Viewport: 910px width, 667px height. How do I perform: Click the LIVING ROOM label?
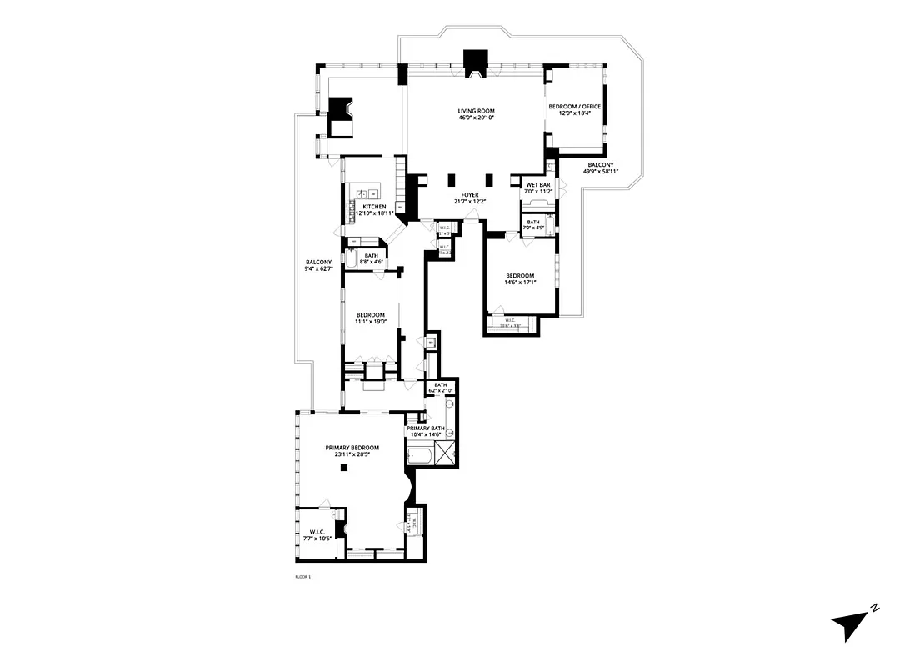[476, 112]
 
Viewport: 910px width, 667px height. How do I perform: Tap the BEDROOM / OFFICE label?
[574, 107]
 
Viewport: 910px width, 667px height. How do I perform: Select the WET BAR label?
[534, 184]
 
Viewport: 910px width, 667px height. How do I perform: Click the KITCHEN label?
[374, 206]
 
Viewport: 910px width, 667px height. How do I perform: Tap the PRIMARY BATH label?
[426, 429]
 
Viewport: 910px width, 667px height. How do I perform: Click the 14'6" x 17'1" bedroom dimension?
[520, 283]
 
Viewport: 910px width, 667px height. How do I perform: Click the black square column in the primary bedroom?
[343, 468]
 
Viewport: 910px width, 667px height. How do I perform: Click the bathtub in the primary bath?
[418, 455]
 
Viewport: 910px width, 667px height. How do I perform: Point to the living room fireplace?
[476, 65]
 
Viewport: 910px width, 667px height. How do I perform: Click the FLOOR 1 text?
[302, 577]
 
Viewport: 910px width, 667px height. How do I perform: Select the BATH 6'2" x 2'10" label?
[440, 387]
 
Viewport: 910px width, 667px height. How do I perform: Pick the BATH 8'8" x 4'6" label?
[371, 258]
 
